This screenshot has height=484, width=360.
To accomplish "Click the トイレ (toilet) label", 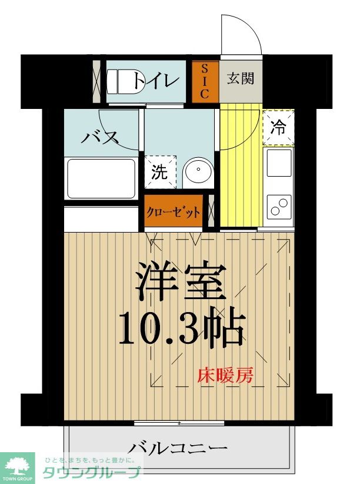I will (155, 80).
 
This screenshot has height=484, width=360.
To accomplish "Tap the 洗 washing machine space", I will (160, 172).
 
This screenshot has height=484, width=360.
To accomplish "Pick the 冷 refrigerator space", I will (278, 127).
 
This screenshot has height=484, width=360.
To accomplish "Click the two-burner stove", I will (279, 207).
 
